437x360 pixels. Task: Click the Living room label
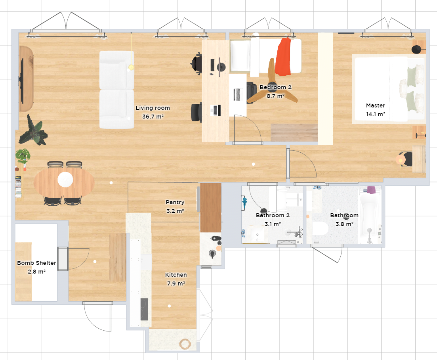(x=153, y=108)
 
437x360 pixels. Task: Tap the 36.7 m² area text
(x=153, y=117)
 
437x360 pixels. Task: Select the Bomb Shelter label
(x=36, y=263)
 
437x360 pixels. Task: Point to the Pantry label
(x=175, y=202)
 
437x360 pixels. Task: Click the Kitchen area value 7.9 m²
(x=176, y=283)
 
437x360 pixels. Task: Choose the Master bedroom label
(x=376, y=105)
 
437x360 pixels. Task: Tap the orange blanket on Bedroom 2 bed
(x=283, y=57)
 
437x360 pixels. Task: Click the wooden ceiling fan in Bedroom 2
(x=272, y=84)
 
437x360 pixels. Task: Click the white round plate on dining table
(x=65, y=179)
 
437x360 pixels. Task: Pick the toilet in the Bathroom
(x=321, y=228)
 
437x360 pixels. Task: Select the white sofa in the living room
(x=117, y=90)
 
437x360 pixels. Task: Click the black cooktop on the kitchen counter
(x=144, y=309)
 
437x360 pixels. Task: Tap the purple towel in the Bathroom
(x=371, y=190)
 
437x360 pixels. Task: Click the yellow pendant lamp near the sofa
(x=131, y=67)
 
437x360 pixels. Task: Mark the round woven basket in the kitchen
(x=185, y=344)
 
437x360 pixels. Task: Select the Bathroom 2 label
(x=273, y=215)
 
